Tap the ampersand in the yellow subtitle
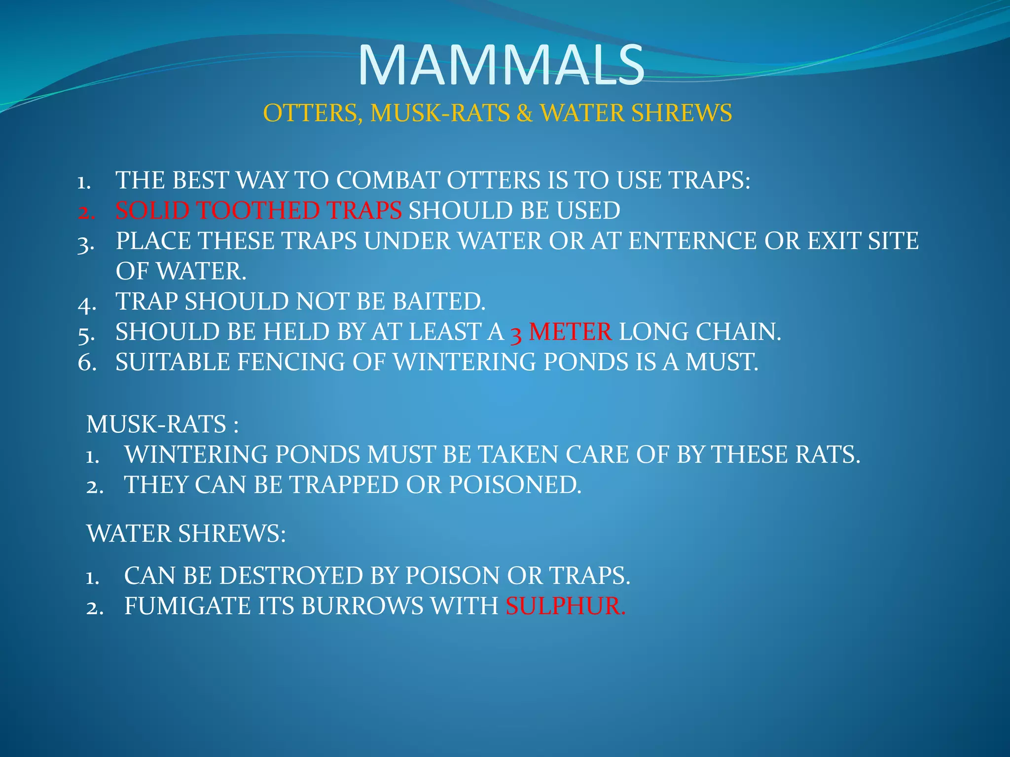tap(525, 113)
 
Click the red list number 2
tap(86, 212)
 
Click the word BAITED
tap(439, 302)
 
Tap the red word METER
tap(570, 332)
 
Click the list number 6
tap(87, 363)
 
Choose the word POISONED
tap(515, 485)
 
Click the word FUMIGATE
tap(187, 606)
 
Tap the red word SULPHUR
tap(565, 606)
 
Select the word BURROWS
tap(362, 606)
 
